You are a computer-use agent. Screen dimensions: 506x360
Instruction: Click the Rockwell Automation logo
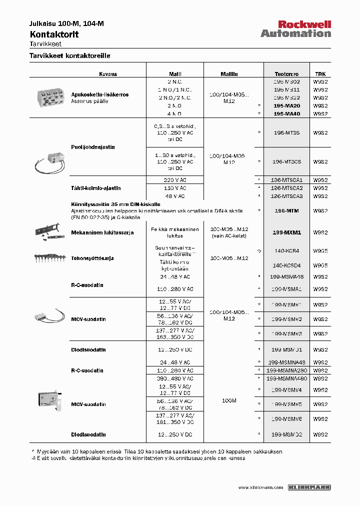pyautogui.click(x=295, y=29)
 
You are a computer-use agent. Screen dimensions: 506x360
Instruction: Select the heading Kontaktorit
pyautogui.click(x=54, y=34)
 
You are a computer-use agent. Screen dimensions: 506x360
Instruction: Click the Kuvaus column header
pyautogui.click(x=107, y=73)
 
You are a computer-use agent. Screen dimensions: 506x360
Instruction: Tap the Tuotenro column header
pyautogui.click(x=286, y=73)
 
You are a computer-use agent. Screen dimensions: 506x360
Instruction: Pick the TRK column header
pyautogui.click(x=320, y=73)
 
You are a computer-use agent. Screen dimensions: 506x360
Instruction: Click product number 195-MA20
pyautogui.click(x=286, y=106)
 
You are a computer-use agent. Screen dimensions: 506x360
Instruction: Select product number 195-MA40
pyautogui.click(x=286, y=114)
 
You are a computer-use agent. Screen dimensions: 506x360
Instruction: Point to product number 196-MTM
pyautogui.click(x=286, y=211)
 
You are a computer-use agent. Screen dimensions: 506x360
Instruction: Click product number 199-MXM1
pyautogui.click(x=286, y=232)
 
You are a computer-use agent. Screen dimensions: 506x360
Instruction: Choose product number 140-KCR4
pyautogui.click(x=286, y=250)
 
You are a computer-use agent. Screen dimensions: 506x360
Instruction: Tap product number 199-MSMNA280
pyautogui.click(x=286, y=370)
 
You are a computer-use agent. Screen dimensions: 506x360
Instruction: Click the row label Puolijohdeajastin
pyautogui.click(x=92, y=147)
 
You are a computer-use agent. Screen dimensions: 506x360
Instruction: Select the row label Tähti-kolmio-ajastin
pyautogui.click(x=95, y=188)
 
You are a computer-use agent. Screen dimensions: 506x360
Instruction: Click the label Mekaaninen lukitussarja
pyautogui.click(x=102, y=232)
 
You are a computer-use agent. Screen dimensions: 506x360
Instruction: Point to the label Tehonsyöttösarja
pyautogui.click(x=92, y=258)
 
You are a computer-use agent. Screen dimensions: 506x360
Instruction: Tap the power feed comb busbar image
pyautogui.click(x=50, y=258)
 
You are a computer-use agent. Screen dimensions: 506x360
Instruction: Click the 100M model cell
pyautogui.click(x=228, y=400)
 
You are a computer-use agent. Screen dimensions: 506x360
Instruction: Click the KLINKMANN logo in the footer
pyautogui.click(x=310, y=487)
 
